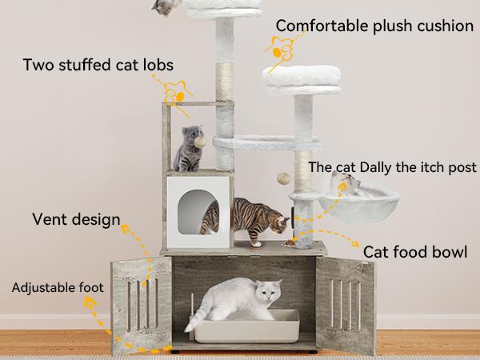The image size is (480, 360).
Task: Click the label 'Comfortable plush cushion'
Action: coord(374,26)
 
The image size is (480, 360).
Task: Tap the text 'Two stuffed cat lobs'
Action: coord(98,64)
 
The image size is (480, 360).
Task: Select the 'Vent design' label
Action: coord(76,218)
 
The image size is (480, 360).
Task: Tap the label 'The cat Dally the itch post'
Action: coord(392,167)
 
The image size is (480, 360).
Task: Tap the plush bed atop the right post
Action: coord(303,77)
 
